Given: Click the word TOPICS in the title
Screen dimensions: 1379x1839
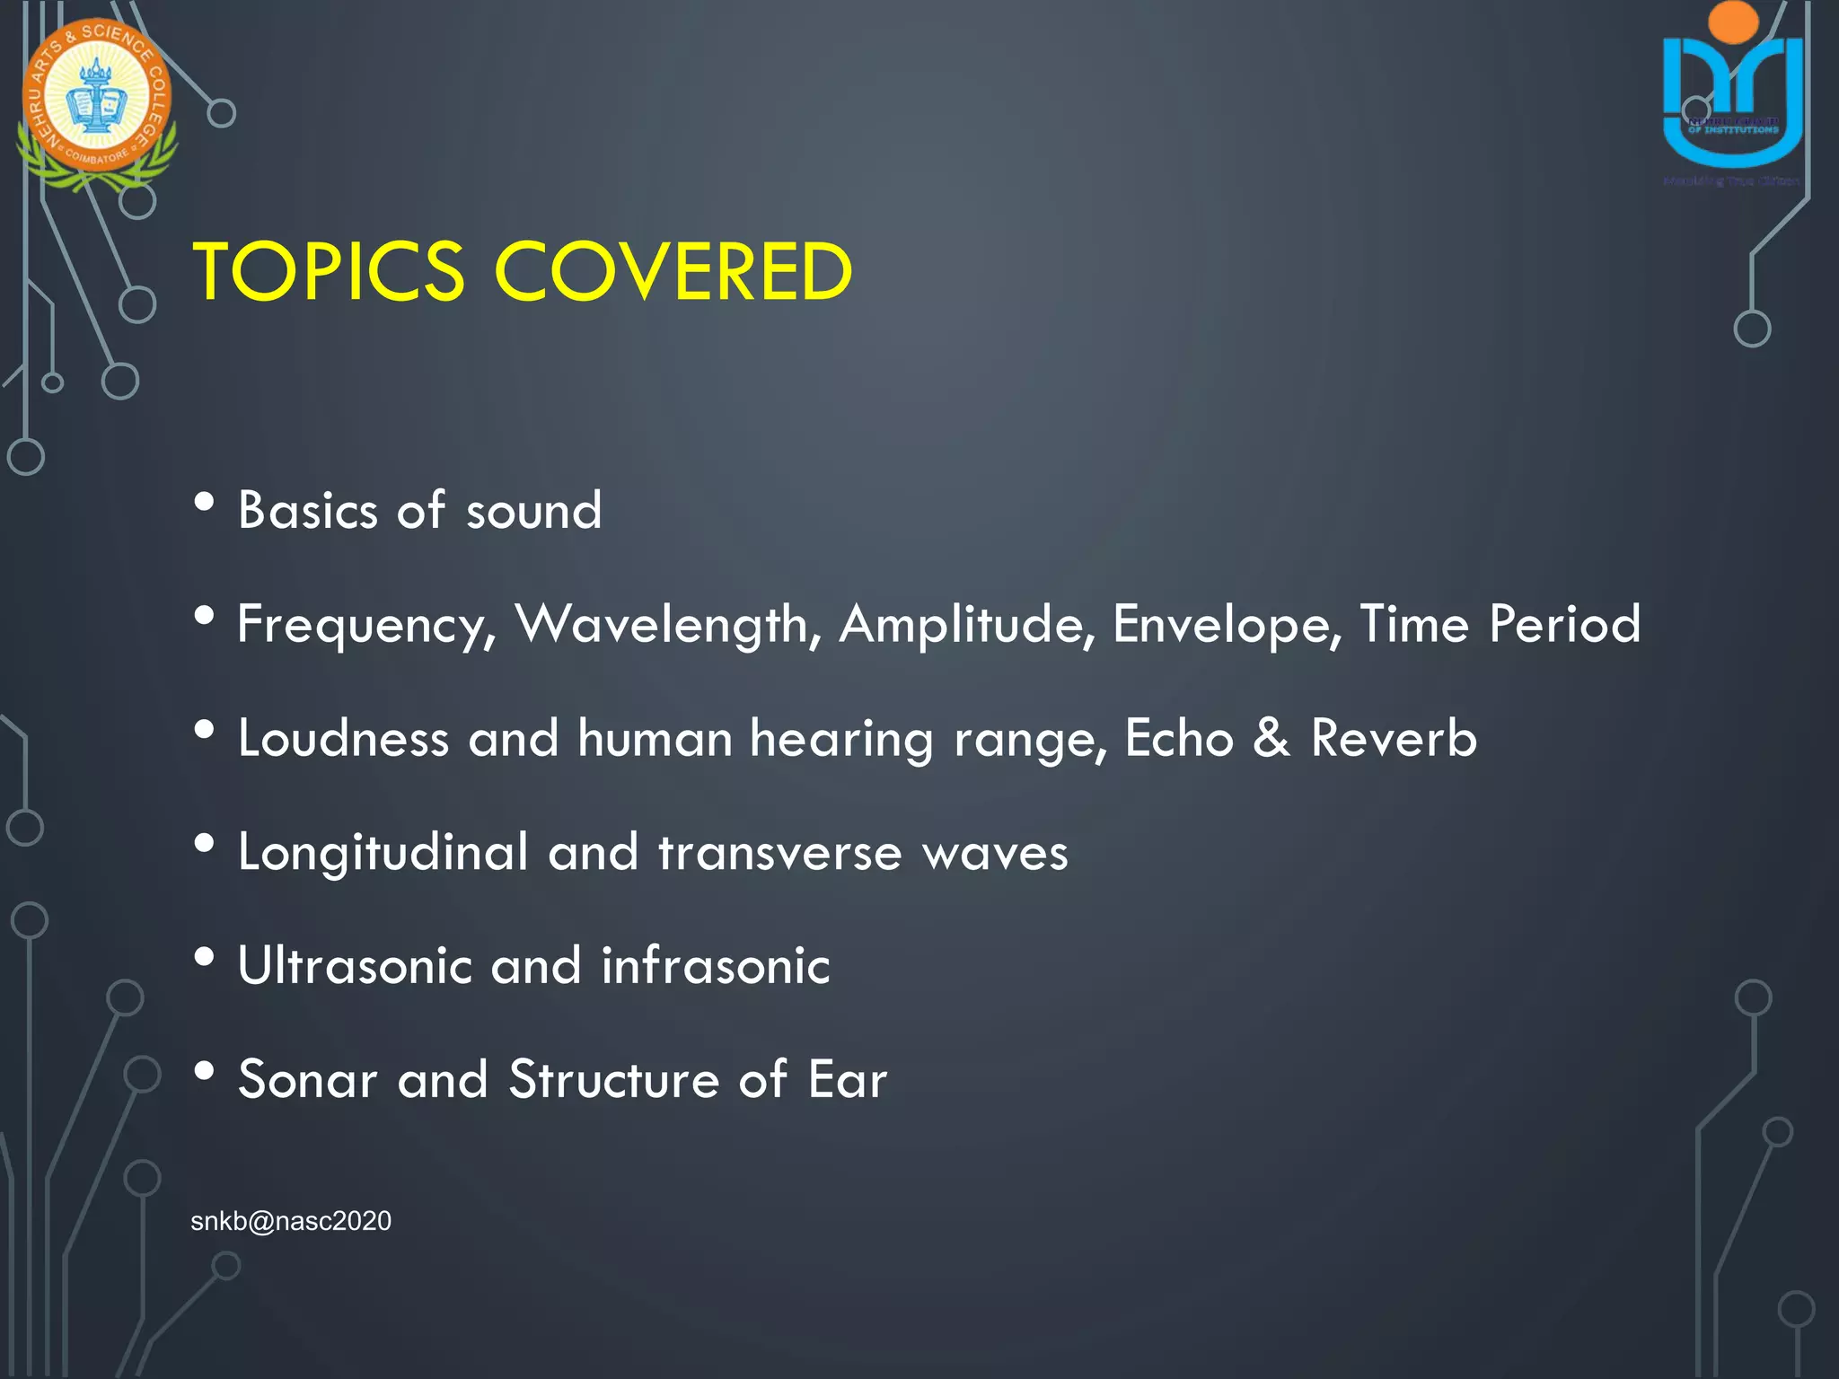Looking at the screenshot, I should click(x=329, y=272).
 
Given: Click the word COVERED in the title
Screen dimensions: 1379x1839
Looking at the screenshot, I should click(x=673, y=272).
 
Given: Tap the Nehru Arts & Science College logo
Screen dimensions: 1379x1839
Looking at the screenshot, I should click(x=97, y=103).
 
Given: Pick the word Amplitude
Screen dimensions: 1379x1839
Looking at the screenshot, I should click(x=966, y=624).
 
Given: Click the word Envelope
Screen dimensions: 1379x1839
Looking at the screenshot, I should click(x=1227, y=626).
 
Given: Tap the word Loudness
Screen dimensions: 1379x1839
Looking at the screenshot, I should click(x=343, y=738).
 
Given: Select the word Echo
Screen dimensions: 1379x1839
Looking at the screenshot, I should click(x=1179, y=738).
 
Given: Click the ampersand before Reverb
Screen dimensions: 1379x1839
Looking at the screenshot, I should click(x=1271, y=738).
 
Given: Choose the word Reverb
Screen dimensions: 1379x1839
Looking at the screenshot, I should click(x=1393, y=738).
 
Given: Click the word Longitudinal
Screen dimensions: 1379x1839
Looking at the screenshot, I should click(x=383, y=853).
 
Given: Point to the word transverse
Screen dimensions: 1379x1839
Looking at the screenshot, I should click(x=779, y=853).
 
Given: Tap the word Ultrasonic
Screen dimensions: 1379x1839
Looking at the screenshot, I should click(x=355, y=966).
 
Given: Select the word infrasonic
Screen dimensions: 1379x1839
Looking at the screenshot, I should click(x=716, y=966).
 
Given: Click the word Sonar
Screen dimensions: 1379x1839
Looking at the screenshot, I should click(x=307, y=1079).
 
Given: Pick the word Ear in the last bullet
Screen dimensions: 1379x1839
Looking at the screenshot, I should click(x=847, y=1079).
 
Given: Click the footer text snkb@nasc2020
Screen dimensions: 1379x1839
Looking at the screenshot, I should click(x=291, y=1221).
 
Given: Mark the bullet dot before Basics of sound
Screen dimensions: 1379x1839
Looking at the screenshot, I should click(x=205, y=502).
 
